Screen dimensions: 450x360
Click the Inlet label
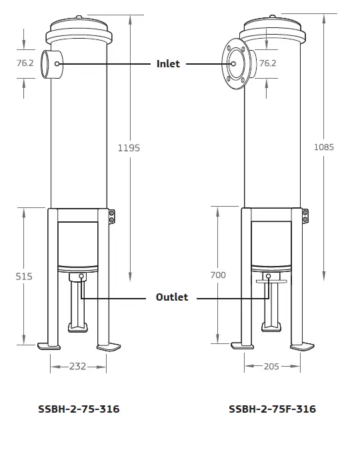pyautogui.click(x=168, y=64)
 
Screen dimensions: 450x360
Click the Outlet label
pyautogui.click(x=172, y=297)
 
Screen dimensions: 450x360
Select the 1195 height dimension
pyautogui.click(x=129, y=148)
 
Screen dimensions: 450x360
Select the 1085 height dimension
pyautogui.click(x=323, y=147)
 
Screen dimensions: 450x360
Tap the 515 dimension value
pyautogui.click(x=23, y=275)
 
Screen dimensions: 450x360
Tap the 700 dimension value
pyautogui.click(x=217, y=275)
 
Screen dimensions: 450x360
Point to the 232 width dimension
pyautogui.click(x=78, y=366)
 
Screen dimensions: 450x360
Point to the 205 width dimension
pyautogui.click(x=270, y=366)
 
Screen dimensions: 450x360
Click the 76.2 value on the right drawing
pyautogui.click(x=267, y=63)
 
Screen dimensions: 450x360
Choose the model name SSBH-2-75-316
pyautogui.click(x=79, y=409)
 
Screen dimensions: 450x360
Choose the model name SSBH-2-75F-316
pyautogui.click(x=272, y=409)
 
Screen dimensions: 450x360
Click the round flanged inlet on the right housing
pyautogui.click(x=234, y=64)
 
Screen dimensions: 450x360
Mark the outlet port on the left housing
pyautogui.click(x=81, y=276)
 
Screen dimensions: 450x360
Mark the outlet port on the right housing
pyautogui.click(x=268, y=276)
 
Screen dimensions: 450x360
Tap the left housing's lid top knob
pyautogui.click(x=79, y=18)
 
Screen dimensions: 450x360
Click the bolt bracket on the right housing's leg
pyautogui.click(x=305, y=216)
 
